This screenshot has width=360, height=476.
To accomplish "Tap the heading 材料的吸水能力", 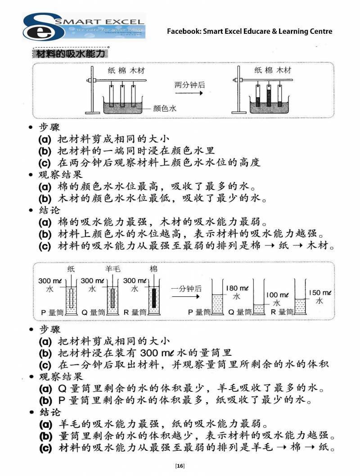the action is pos(70,54).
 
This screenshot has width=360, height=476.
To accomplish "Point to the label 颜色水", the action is pos(165,108).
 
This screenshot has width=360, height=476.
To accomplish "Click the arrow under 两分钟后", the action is pos(189,93).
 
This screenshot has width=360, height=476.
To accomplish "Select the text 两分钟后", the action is pos(189,85).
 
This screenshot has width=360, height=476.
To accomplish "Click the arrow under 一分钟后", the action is pos(185,297).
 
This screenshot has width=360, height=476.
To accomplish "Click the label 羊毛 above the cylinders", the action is pos(113,269).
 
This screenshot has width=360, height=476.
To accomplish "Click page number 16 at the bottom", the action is pos(180,466).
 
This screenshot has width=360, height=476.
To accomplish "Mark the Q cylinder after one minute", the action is pos(259,297).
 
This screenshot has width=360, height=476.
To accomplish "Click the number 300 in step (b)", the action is pos(149,353).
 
